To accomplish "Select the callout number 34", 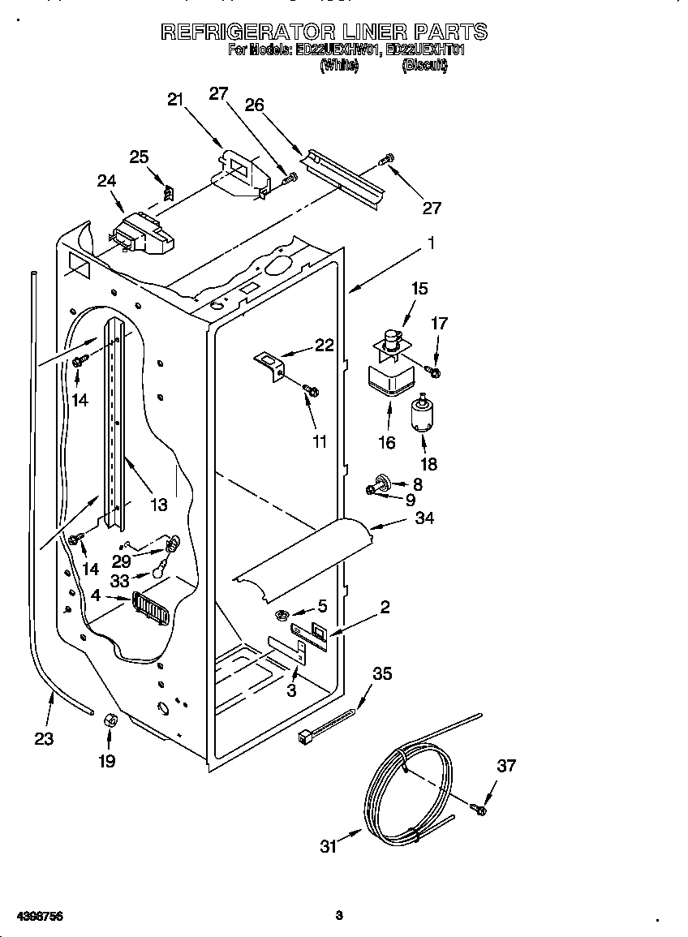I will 424,518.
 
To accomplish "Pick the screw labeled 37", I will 479,808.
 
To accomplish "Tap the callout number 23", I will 44,738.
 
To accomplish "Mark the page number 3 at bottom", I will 340,915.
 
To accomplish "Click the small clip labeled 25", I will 169,193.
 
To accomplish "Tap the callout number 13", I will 158,505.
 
